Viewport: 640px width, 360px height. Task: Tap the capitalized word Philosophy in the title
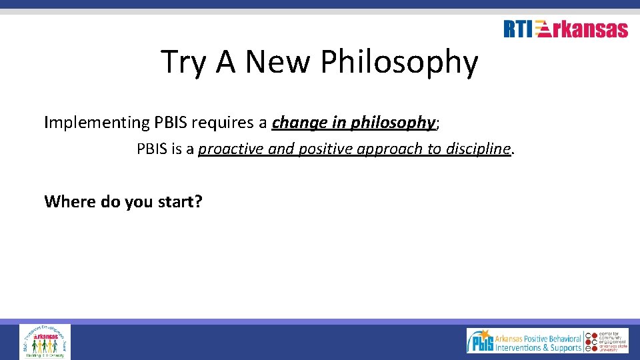click(399, 63)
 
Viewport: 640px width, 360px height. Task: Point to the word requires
click(227, 123)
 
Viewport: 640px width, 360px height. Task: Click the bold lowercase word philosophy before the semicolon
click(393, 123)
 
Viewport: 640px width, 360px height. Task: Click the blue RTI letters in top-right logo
click(518, 29)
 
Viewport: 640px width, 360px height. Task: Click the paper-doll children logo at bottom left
click(45, 341)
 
